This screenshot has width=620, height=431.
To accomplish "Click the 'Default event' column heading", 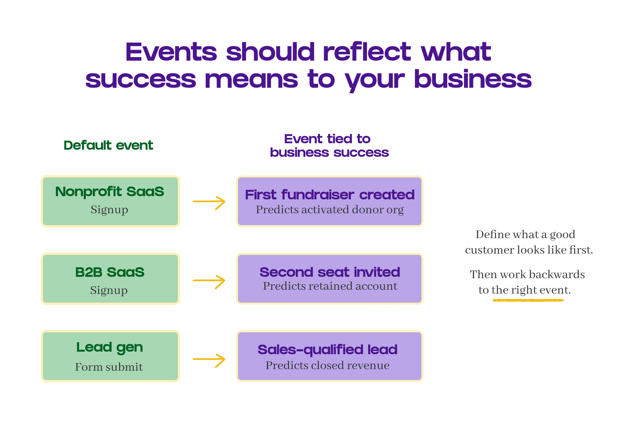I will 108,145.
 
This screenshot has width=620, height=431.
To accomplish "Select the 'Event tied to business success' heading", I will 329,145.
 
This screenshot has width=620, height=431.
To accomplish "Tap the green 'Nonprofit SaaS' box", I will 110,201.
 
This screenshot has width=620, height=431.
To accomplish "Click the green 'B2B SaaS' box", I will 110,279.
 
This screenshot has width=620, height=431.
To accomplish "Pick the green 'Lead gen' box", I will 110,356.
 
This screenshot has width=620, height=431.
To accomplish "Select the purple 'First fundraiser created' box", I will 329,201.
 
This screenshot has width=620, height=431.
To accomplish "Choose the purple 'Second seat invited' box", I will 329,279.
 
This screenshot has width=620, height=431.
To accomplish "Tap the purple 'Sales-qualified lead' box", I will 329,356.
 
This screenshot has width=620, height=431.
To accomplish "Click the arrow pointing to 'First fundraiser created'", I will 209,202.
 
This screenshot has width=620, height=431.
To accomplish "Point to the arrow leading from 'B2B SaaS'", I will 209,281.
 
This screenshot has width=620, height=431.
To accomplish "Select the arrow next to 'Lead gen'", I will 209,360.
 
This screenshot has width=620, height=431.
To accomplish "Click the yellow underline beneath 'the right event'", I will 528,300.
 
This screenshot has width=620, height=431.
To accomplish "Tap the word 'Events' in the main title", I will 171,52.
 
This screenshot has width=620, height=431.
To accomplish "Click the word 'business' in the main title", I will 472,79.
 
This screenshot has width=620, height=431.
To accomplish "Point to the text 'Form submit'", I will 109,367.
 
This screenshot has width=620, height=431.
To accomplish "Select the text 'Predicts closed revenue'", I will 327,365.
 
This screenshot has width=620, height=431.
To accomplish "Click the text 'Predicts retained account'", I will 330,286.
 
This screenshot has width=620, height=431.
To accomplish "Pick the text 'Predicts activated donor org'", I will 330,210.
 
